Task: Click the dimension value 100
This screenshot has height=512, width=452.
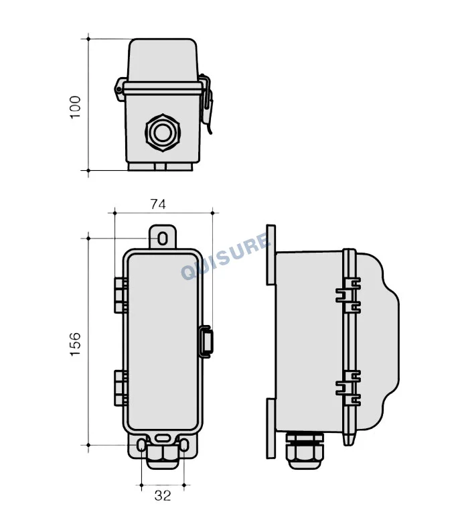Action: click(75, 107)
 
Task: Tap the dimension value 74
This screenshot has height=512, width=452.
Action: click(158, 204)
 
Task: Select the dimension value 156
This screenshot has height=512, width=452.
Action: click(75, 344)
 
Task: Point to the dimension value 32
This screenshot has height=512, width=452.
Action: click(163, 495)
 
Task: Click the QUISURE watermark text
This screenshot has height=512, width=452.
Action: click(226, 256)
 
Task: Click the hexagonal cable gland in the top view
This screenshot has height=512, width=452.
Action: click(163, 133)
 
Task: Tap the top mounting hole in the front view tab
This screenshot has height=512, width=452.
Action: click(163, 239)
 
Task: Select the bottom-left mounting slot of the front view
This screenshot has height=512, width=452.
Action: click(141, 446)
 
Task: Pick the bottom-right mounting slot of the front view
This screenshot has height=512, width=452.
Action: click(184, 446)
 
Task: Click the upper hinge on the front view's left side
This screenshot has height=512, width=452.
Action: click(121, 296)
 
